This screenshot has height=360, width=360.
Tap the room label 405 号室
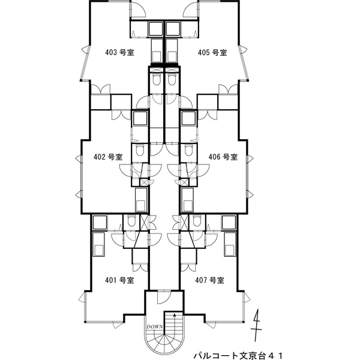pyautogui.click(x=212, y=52)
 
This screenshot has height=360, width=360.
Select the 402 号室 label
pyautogui.click(x=108, y=157)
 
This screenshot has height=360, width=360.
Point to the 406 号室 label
pyautogui.click(x=223, y=157)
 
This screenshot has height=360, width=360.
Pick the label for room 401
pyautogui.click(x=119, y=280)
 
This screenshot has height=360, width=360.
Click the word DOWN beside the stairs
pyautogui.click(x=153, y=327)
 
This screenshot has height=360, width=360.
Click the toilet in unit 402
pyautogui.click(x=139, y=150)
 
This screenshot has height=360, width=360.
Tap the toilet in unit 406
pyautogui.click(x=190, y=150)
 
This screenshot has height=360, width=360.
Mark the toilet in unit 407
pyautogui.click(x=197, y=221)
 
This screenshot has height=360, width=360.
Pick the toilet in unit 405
pyautogui.click(x=172, y=82)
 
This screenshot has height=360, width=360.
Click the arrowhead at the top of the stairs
pyautogui.click(x=175, y=314)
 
